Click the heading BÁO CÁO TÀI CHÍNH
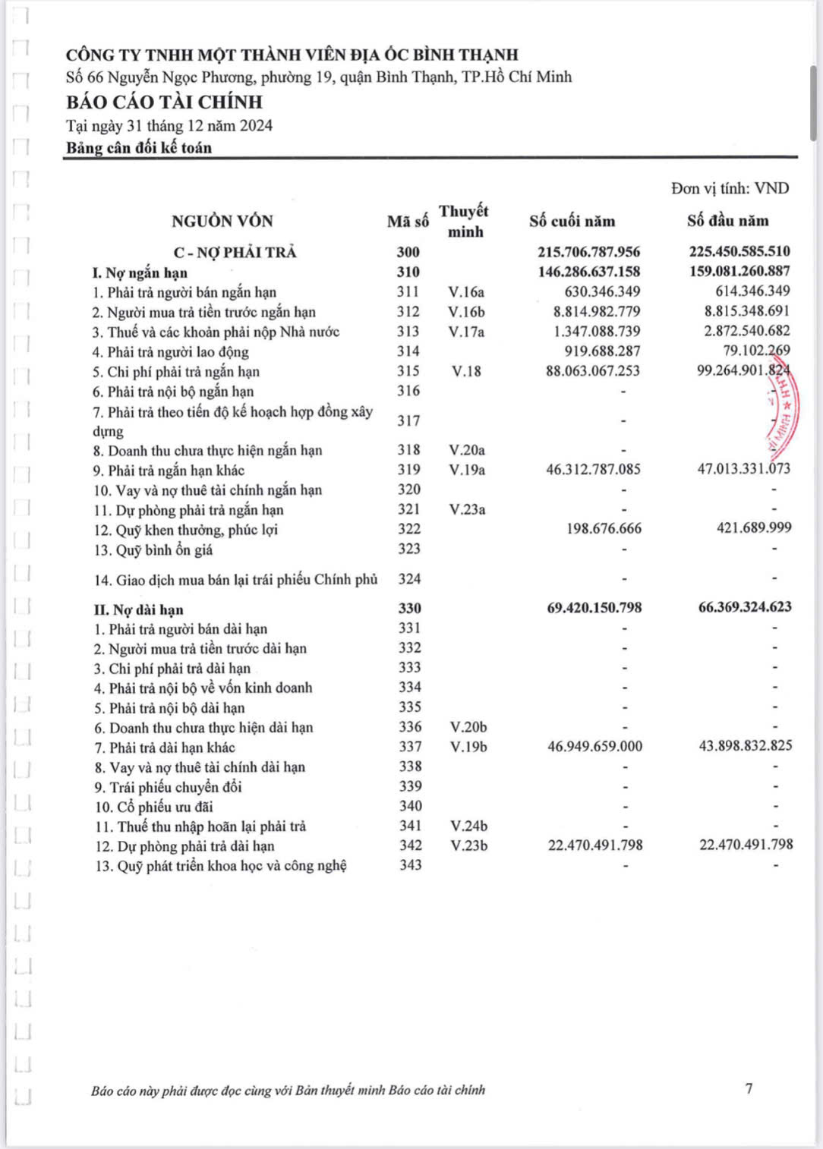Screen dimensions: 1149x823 click(164, 102)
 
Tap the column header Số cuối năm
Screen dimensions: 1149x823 click(572, 221)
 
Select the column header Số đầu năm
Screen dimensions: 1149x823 click(727, 221)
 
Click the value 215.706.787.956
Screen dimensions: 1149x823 click(588, 251)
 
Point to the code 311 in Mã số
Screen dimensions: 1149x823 click(408, 291)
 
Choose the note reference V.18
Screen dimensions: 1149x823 click(465, 371)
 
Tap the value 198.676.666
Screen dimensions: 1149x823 click(604, 528)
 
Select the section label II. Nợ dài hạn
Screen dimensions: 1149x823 click(138, 609)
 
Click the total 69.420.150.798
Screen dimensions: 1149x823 click(594, 607)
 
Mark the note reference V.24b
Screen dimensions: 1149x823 click(468, 826)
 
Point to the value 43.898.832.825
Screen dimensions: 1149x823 click(745, 745)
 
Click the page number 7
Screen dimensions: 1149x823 click(749, 1088)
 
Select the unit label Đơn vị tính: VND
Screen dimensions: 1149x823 click(730, 188)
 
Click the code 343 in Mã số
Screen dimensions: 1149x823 click(410, 865)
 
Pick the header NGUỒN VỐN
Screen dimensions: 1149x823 click(222, 221)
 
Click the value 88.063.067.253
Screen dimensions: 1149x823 click(592, 371)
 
